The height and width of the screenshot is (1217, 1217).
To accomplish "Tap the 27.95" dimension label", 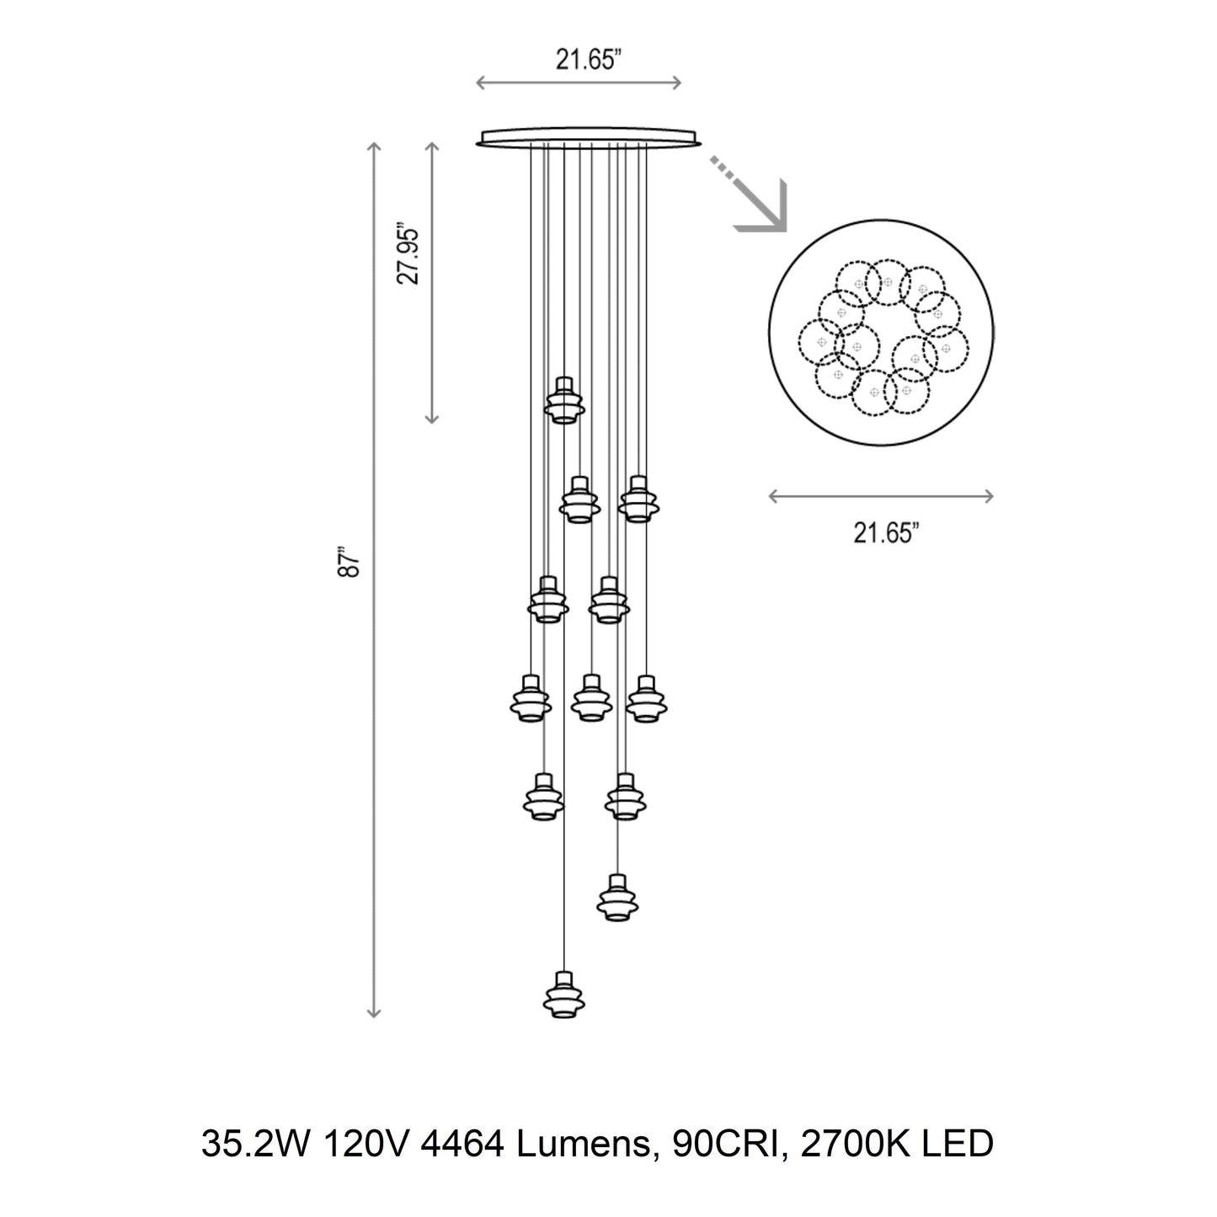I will [409, 254].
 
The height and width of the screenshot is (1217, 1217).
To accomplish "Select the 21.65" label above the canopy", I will [588, 61].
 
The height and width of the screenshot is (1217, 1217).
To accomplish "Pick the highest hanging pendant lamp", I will [563, 399].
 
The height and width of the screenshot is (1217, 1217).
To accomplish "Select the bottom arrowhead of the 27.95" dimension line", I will [432, 418].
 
